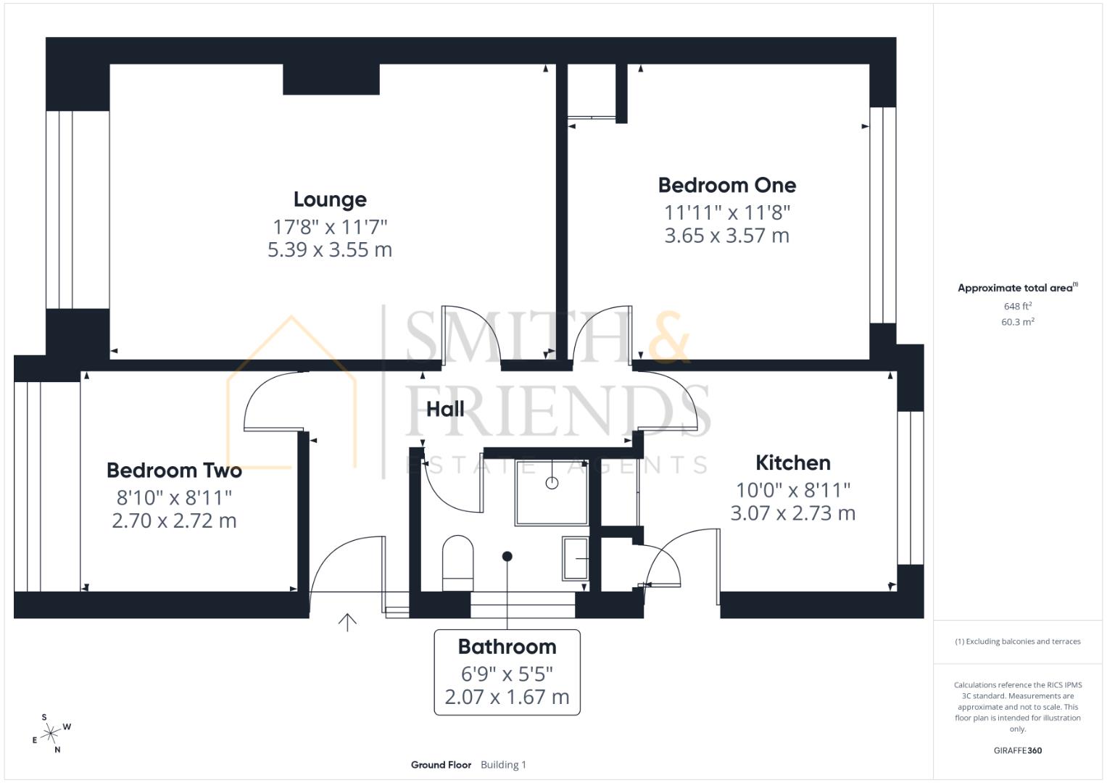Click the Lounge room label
tap(330, 199)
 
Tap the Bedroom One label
tap(727, 185)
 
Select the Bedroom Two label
tap(174, 470)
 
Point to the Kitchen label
tap(793, 463)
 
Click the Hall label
tap(445, 409)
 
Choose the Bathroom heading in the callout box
tap(507, 646)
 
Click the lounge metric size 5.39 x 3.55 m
tap(330, 250)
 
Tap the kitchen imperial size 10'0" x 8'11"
tap(793, 490)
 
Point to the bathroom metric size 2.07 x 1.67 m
tap(507, 697)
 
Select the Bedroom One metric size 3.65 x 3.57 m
tap(727, 236)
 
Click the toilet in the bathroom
tap(457, 563)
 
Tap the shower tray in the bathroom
tap(552, 491)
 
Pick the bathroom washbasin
tap(576, 558)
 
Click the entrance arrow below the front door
tap(347, 622)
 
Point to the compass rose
tap(51, 734)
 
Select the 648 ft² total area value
tap(1018, 307)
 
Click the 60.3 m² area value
tap(1018, 322)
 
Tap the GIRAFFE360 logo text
tap(1018, 750)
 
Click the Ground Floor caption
tap(441, 765)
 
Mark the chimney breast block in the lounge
tap(331, 79)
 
